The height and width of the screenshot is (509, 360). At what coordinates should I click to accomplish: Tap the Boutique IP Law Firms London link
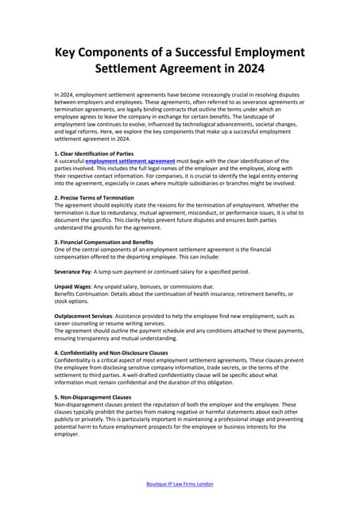[180, 484]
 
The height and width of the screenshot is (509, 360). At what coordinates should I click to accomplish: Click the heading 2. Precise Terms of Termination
[95, 197]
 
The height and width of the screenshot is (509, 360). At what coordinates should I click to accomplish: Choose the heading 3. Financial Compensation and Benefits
[104, 242]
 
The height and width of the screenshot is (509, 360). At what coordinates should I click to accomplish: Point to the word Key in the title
[68, 52]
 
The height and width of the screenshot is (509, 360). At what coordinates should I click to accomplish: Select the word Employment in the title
[262, 52]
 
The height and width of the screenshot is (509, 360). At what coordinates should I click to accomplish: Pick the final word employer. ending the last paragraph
[68, 434]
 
